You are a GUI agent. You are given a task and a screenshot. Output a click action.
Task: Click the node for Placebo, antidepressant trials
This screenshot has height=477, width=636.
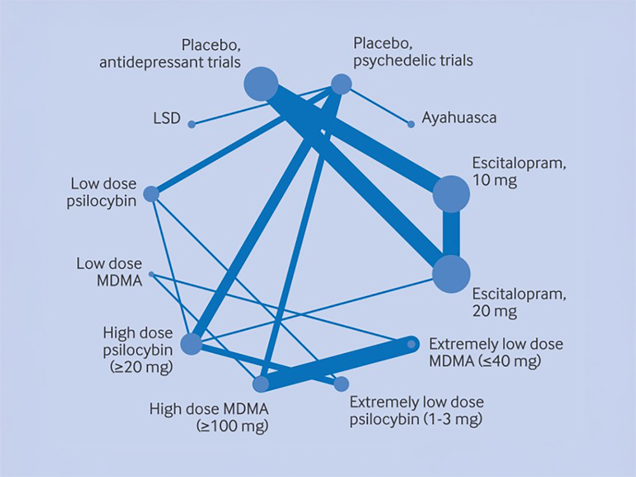[261, 84]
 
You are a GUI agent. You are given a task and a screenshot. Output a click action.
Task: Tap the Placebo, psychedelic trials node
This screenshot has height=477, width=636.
[341, 84]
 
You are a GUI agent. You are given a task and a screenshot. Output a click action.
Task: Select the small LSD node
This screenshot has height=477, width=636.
[191, 124]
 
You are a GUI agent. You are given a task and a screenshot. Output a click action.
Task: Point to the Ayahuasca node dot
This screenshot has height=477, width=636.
[410, 124]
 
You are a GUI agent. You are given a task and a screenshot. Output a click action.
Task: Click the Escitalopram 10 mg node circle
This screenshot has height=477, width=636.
[452, 193]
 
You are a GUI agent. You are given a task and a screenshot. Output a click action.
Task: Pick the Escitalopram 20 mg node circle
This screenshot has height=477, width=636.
[452, 274]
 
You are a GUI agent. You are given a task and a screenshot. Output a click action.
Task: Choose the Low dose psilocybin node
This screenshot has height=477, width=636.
[151, 194]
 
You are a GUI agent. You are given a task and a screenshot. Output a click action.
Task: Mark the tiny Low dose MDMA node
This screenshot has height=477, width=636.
[151, 274]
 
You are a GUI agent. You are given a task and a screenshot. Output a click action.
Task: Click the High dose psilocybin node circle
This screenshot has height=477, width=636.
[191, 345]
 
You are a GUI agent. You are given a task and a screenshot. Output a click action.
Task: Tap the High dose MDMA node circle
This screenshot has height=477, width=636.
[261, 384]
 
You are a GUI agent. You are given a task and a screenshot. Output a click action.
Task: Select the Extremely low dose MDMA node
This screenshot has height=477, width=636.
[411, 344]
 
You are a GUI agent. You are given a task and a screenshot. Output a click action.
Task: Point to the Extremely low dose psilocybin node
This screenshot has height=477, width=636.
[342, 384]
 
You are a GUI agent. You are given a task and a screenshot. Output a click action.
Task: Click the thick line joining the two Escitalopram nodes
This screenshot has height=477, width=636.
[452, 234]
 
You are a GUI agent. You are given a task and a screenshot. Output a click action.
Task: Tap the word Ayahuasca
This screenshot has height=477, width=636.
[459, 118]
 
